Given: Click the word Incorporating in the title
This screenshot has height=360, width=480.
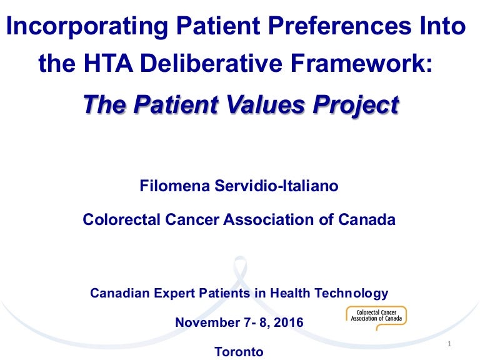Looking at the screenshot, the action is pos(87,26).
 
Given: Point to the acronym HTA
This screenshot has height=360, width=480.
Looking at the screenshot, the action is pos(108,63).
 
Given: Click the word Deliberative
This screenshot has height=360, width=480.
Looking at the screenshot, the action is pos(211,63).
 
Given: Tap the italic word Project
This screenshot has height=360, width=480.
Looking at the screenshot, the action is pos(356,106).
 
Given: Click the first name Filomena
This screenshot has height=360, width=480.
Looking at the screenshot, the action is pos(174,186).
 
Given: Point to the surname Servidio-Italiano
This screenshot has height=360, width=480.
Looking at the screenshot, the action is pos(276,186).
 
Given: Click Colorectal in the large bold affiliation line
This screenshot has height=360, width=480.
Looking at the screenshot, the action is pos(121,219).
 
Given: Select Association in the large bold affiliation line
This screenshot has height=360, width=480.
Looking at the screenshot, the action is pos(269,219).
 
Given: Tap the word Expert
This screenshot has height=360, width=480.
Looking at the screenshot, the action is pos(174,293).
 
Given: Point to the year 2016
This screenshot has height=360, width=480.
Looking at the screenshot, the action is pos(288,322).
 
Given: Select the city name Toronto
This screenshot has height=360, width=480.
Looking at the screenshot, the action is pos(239,352).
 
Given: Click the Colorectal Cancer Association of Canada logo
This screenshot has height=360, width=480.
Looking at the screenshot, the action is pos(376,317).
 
